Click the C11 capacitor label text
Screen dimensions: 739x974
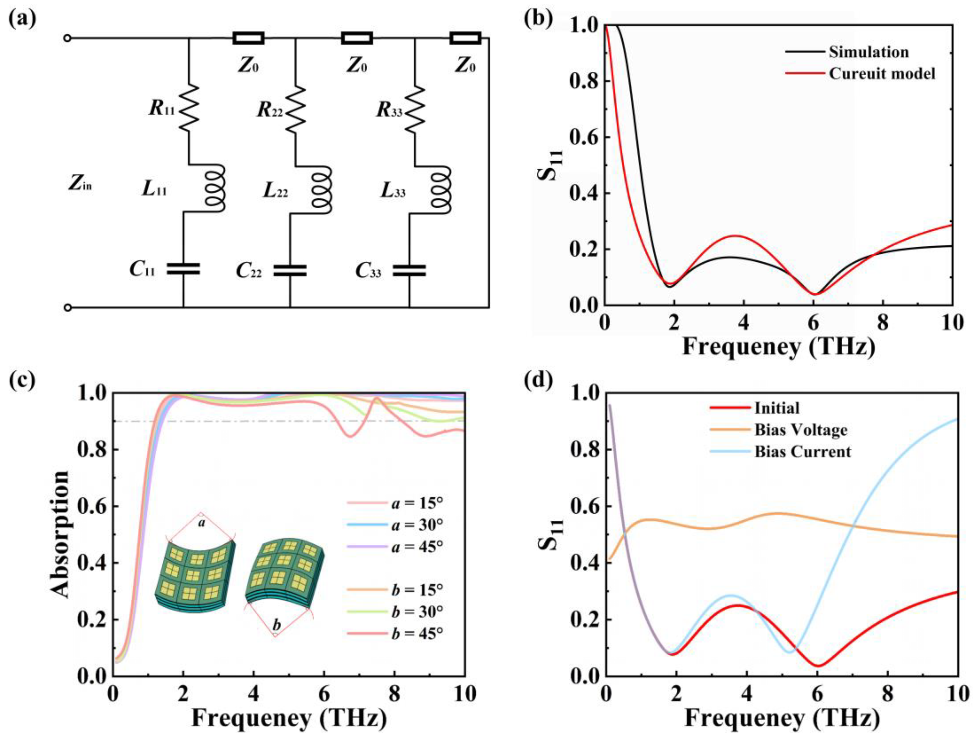tap(142, 270)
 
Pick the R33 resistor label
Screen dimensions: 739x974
tap(389, 110)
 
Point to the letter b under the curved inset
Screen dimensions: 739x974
tap(277, 624)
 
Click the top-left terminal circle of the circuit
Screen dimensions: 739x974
tap(67, 38)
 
